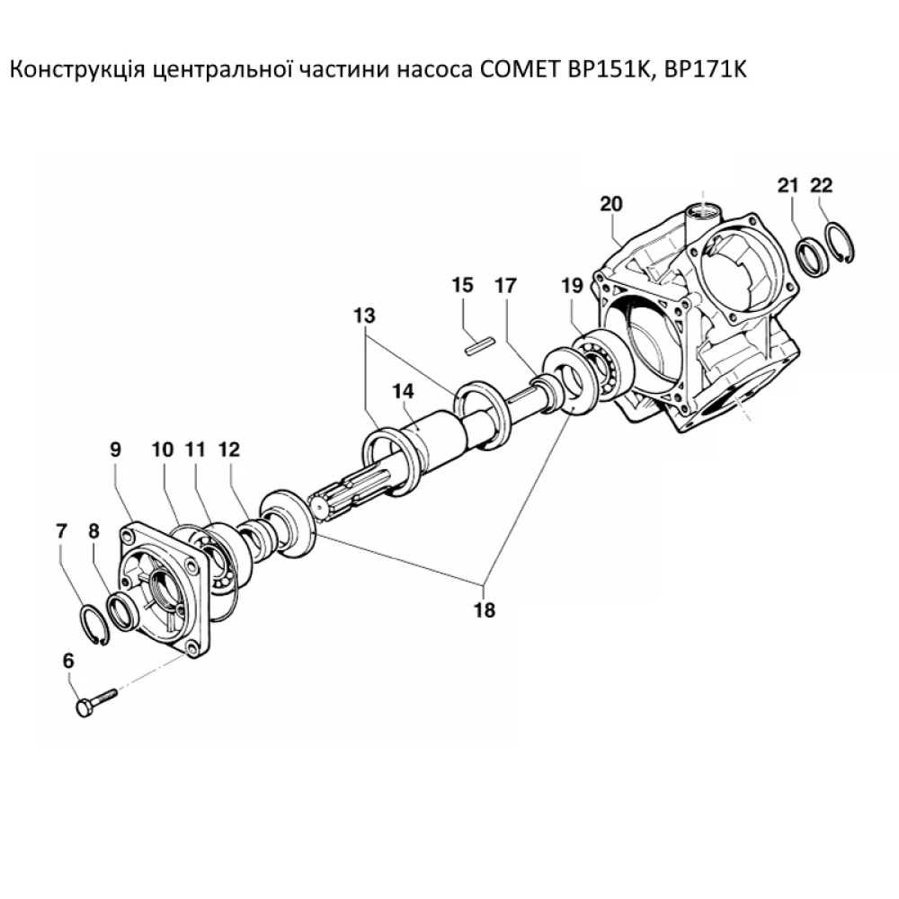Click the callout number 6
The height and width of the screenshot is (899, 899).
point(69,661)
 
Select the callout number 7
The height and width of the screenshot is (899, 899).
point(61,531)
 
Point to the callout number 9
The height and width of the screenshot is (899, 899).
point(115,449)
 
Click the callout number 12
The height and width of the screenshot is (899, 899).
point(229,449)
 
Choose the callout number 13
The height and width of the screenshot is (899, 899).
point(365,316)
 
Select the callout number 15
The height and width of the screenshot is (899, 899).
point(463,286)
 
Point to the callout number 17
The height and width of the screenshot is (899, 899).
point(506,286)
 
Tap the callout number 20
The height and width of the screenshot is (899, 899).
point(611,204)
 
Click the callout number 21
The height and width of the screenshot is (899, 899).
point(788,185)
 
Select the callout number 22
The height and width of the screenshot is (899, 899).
point(822,185)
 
